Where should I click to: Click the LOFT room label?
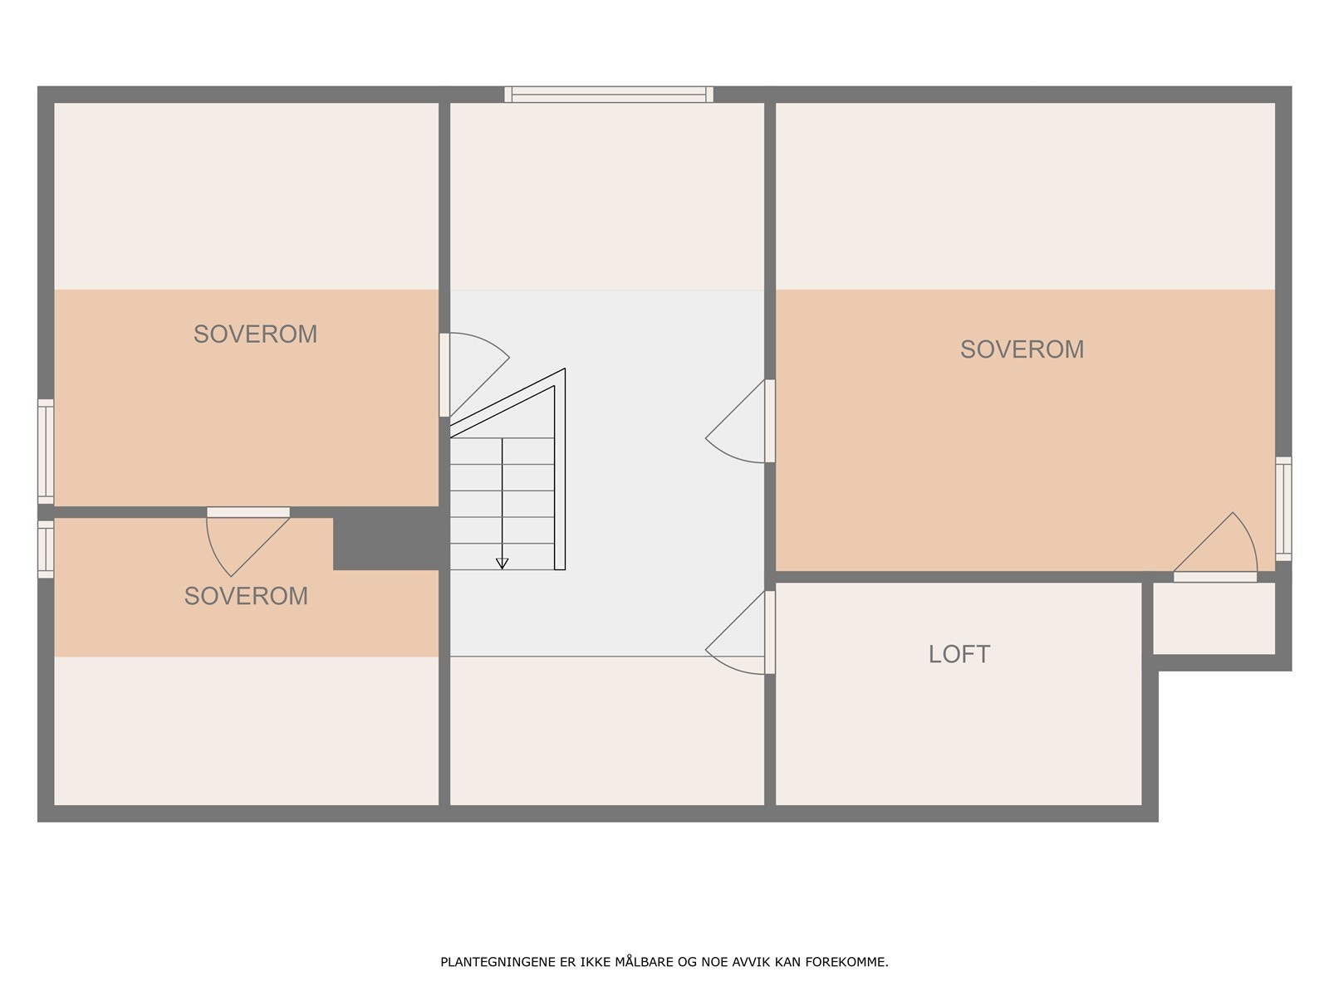(x=959, y=654)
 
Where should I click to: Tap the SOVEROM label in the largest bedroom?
(x=1022, y=349)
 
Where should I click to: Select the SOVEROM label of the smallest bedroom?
(x=246, y=596)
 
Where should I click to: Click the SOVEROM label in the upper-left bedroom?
(x=255, y=334)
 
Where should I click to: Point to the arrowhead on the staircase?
(x=502, y=564)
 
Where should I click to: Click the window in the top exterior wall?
(x=609, y=95)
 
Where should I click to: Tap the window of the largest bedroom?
(x=1283, y=508)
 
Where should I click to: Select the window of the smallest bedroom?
(x=46, y=549)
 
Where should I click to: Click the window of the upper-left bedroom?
(x=46, y=451)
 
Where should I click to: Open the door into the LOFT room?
(x=769, y=632)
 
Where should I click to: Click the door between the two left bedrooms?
(x=248, y=512)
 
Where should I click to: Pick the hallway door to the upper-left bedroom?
(x=444, y=374)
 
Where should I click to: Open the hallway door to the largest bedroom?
(x=769, y=421)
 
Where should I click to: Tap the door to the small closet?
(x=1214, y=576)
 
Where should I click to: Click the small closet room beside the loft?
(x=1214, y=618)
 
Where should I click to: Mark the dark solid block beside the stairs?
(x=386, y=539)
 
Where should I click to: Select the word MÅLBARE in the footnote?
(x=646, y=963)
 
